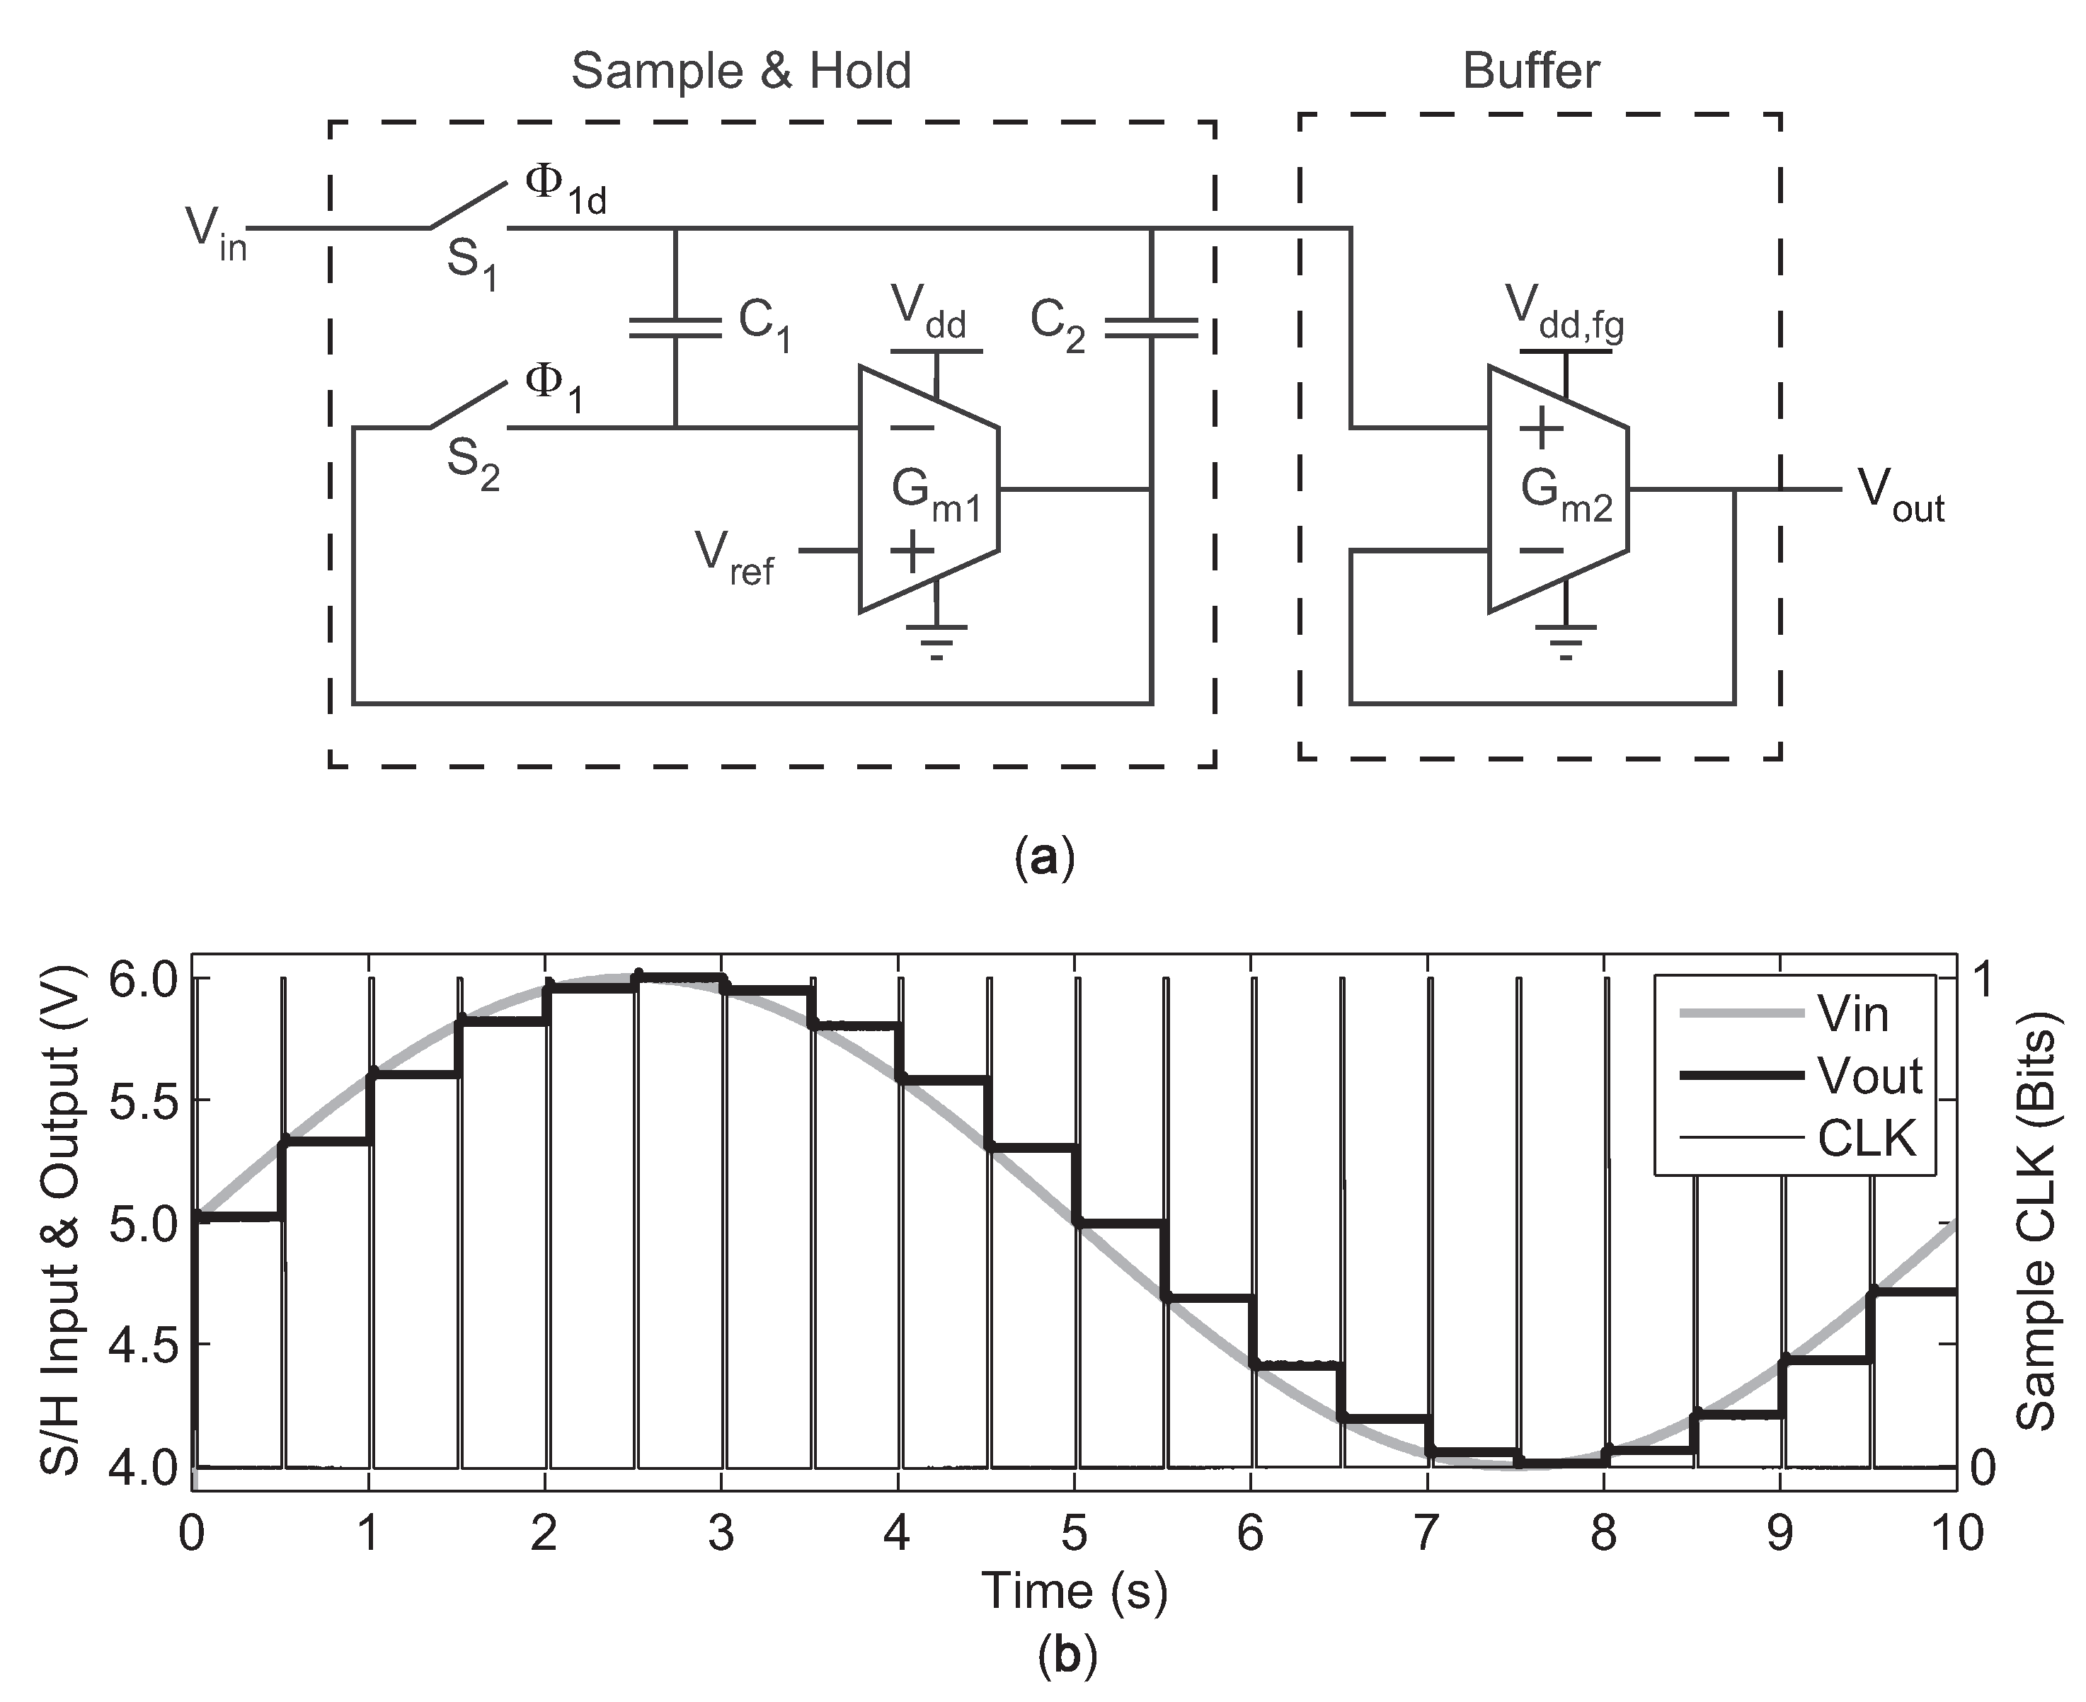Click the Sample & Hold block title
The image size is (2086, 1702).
click(740, 71)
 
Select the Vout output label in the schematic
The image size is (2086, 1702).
click(1900, 496)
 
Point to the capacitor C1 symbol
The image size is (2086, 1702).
click(675, 328)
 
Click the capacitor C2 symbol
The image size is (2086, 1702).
click(1150, 328)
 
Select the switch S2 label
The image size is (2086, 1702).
click(473, 463)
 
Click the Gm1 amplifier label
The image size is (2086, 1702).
click(934, 495)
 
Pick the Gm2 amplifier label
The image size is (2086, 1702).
click(1565, 495)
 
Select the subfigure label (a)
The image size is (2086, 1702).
click(1046, 858)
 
